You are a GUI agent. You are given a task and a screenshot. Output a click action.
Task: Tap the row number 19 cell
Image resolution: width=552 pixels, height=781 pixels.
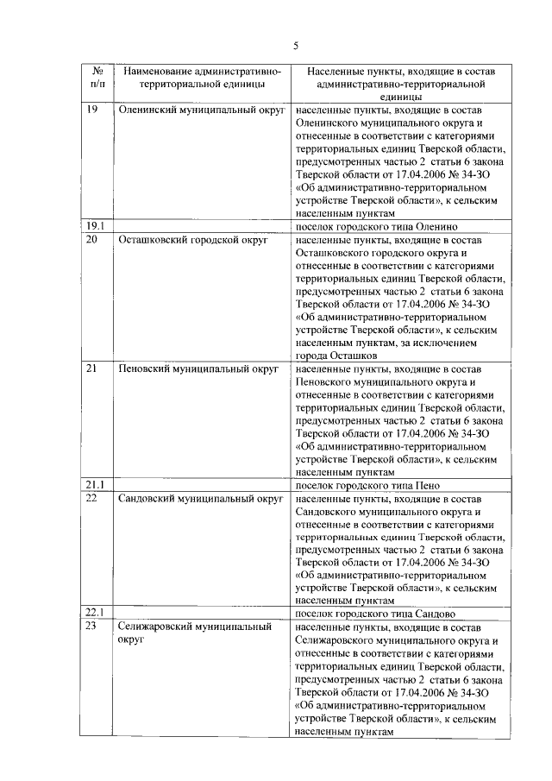[x=92, y=110]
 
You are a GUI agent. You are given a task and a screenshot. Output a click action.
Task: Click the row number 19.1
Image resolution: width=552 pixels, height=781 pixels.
[x=95, y=227]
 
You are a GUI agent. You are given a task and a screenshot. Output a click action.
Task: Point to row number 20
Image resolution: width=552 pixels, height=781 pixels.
[x=92, y=240]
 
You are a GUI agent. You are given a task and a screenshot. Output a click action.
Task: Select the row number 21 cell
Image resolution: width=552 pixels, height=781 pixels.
[x=92, y=369]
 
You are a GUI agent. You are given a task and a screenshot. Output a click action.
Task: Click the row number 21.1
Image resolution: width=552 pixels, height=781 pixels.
[x=95, y=485]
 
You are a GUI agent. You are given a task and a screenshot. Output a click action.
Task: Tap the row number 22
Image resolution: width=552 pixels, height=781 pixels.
[x=92, y=499]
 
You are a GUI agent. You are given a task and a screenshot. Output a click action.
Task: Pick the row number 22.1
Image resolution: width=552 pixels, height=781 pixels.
[x=95, y=614]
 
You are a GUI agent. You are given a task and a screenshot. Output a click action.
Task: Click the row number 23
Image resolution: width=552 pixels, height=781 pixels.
[x=92, y=627]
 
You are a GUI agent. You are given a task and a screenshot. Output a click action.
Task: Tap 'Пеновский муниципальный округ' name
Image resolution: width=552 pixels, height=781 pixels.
[x=198, y=369]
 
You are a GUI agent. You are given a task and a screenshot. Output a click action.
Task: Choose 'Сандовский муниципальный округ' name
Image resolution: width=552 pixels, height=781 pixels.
[x=200, y=499]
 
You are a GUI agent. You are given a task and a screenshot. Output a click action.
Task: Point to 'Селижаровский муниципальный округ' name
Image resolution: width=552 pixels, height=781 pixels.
[x=194, y=634]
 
